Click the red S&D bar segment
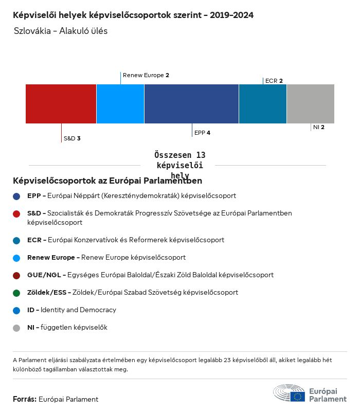[x=61, y=104]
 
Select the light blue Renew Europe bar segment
[x=120, y=104]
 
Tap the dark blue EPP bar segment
[x=191, y=104]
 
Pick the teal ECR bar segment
[x=262, y=104]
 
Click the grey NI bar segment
[x=310, y=104]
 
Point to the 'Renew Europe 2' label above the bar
[x=146, y=75]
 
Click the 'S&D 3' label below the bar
[x=72, y=138]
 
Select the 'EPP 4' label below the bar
[x=202, y=133]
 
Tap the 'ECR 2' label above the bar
[x=274, y=81]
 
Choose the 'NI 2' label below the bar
[x=319, y=127]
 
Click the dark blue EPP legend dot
[x=16, y=196]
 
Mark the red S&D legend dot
[x=16, y=213]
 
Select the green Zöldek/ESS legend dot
[x=16, y=293]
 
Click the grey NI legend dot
[x=16, y=328]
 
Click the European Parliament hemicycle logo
[x=289, y=393]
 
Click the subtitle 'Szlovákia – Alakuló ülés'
[x=61, y=31]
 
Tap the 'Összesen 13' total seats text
[x=179, y=155]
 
